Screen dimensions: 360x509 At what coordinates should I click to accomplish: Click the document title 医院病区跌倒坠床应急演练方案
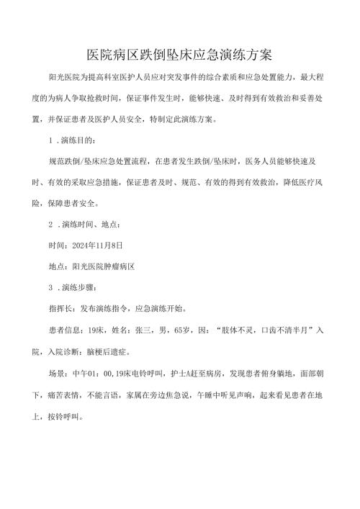(179, 55)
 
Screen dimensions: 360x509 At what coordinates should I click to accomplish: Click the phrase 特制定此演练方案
(177, 120)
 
